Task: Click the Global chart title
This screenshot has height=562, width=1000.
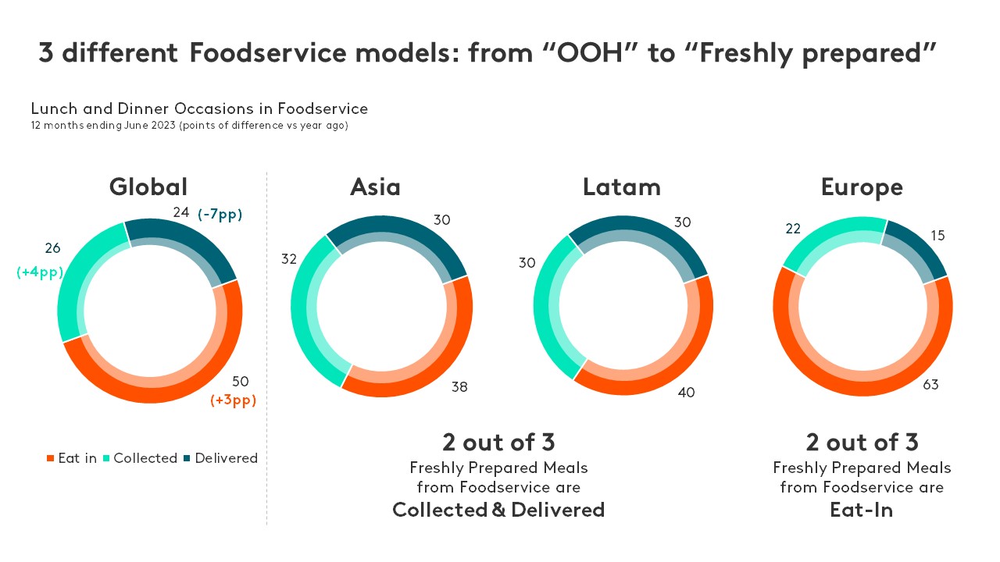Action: (x=148, y=187)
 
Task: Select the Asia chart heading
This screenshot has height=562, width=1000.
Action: (x=375, y=187)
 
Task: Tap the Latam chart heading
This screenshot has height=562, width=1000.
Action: (x=622, y=187)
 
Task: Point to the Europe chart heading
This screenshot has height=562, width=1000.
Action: (x=862, y=187)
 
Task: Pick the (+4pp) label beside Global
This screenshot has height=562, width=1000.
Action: (x=40, y=272)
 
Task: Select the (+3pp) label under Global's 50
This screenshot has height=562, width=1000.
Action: (x=233, y=400)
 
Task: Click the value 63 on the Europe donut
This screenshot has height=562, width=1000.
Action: (x=930, y=384)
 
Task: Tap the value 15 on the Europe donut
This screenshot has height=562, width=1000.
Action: (x=937, y=235)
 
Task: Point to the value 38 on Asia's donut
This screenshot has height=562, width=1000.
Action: (x=459, y=386)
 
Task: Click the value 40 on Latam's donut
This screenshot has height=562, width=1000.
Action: (x=686, y=392)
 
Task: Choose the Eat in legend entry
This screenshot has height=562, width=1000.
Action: (x=72, y=458)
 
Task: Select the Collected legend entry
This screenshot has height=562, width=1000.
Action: (x=140, y=458)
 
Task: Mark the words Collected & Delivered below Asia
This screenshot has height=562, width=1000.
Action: (x=498, y=510)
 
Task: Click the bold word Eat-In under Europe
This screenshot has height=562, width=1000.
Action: (x=862, y=510)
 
